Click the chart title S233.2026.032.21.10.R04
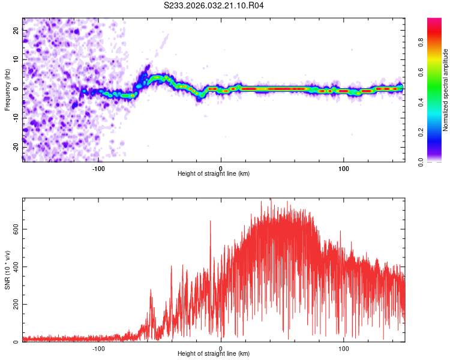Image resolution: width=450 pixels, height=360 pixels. (214, 5)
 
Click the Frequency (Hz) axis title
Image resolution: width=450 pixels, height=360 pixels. (7, 90)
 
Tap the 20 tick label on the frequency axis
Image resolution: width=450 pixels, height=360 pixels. (16, 31)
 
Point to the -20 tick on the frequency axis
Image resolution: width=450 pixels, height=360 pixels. (16, 147)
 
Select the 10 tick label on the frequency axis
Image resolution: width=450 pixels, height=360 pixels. (16, 59)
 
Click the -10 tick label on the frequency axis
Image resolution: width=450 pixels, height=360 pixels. (16, 118)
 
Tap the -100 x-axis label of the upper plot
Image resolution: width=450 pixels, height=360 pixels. (98, 169)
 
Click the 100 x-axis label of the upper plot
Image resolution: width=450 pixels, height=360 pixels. (344, 169)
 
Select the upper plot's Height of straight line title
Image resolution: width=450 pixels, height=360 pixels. (214, 173)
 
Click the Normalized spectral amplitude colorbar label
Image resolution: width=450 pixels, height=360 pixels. (445, 90)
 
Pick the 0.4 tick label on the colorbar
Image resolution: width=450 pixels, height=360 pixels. (421, 102)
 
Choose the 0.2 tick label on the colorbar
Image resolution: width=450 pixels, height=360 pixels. (421, 132)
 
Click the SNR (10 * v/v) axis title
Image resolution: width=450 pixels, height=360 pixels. (7, 270)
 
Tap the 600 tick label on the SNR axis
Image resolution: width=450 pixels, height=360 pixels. (16, 229)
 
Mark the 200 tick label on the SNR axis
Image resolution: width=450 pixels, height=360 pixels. (16, 304)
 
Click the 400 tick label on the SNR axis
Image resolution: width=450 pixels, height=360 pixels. (16, 266)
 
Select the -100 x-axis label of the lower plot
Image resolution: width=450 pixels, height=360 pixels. (98, 349)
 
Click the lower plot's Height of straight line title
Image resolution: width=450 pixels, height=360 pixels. (214, 353)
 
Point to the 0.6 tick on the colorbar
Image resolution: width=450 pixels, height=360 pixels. (421, 73)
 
